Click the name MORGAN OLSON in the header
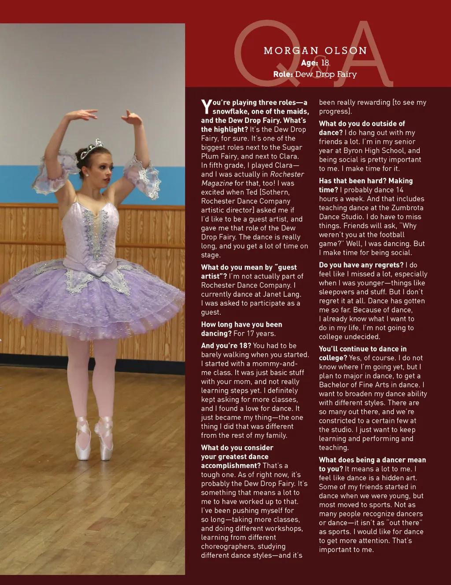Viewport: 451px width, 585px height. (x=315, y=51)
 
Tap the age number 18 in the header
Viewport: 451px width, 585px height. (x=325, y=63)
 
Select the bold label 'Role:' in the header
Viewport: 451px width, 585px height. (x=283, y=74)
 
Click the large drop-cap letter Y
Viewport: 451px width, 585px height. (x=206, y=106)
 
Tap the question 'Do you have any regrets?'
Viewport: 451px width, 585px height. (x=361, y=265)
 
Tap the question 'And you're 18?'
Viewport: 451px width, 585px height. (x=226, y=346)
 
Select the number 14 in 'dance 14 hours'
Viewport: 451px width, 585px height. (x=399, y=190)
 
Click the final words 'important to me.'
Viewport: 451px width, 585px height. (x=346, y=549)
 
